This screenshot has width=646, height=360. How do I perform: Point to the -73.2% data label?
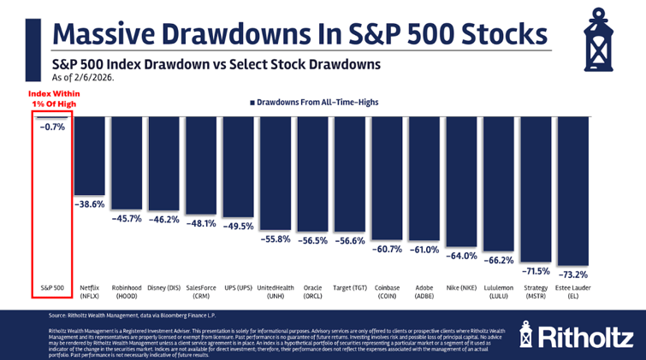pos(572,274)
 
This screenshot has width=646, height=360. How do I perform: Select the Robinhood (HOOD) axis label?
pos(127,291)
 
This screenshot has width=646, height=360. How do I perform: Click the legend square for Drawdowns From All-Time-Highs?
pos(252,102)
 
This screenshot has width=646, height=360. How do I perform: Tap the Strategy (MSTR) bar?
pos(535,188)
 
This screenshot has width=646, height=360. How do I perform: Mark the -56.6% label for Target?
pos(350,240)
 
